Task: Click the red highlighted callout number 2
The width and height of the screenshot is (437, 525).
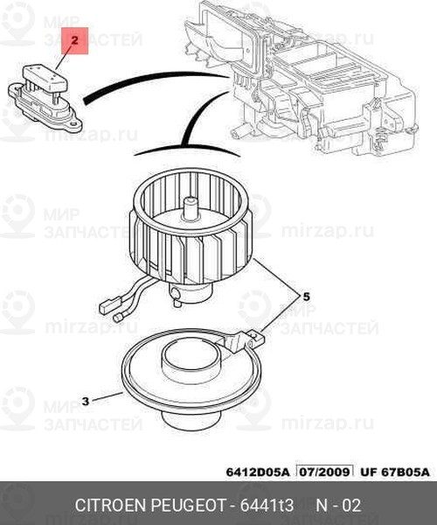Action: pyautogui.click(x=74, y=41)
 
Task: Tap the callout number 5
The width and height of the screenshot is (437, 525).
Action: pyautogui.click(x=306, y=297)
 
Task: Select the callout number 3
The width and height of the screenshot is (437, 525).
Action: pyautogui.click(x=86, y=401)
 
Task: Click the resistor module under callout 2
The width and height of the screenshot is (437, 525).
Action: pyautogui.click(x=45, y=98)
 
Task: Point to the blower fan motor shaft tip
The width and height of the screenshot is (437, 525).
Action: pyautogui.click(x=191, y=201)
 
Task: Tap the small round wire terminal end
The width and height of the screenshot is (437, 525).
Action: pyautogui.click(x=118, y=318)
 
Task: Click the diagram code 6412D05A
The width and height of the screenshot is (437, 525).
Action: pyautogui.click(x=257, y=472)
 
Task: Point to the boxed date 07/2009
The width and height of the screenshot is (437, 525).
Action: pyautogui.click(x=324, y=472)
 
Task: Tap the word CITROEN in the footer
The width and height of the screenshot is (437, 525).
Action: pyautogui.click(x=111, y=505)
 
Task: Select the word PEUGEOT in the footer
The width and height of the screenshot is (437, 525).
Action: pyautogui.click(x=189, y=505)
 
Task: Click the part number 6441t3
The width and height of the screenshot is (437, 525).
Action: pyautogui.click(x=267, y=505)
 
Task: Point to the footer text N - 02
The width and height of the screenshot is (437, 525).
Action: pyautogui.click(x=338, y=505)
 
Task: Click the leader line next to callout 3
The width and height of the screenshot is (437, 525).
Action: pyautogui.click(x=107, y=397)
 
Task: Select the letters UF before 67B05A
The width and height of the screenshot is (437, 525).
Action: pyautogui.click(x=367, y=472)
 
